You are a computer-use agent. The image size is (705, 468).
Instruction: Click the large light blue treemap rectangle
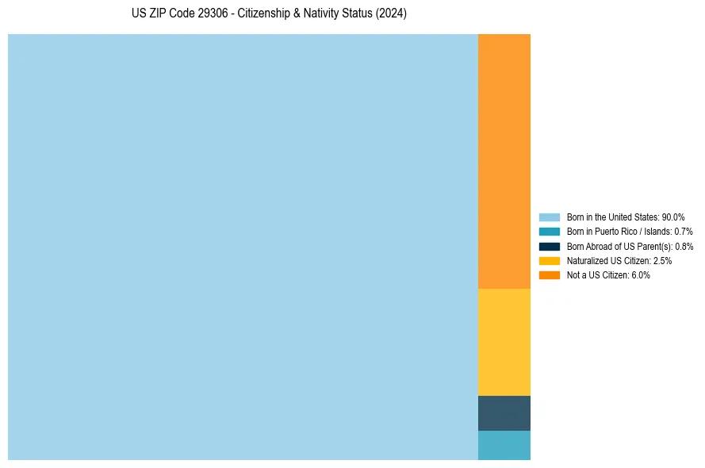pyautogui.click(x=243, y=247)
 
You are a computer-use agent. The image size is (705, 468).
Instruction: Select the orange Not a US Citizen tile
pyautogui.click(x=504, y=161)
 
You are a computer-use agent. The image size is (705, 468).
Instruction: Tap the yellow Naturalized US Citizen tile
pyautogui.click(x=504, y=342)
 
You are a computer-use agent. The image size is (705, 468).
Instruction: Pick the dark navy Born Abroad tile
pyautogui.click(x=504, y=412)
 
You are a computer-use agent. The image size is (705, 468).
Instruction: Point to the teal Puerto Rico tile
pyautogui.click(x=504, y=445)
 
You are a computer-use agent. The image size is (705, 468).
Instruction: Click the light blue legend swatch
pyautogui.click(x=550, y=217)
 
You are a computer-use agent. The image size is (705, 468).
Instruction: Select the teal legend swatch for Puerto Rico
pyautogui.click(x=550, y=232)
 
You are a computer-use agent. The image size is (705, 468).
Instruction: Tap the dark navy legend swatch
pyautogui.click(x=550, y=246)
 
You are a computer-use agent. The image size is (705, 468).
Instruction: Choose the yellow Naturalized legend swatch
pyautogui.click(x=550, y=261)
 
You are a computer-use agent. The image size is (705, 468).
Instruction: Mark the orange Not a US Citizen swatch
pyautogui.click(x=550, y=275)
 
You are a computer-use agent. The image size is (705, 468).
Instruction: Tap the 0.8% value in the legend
pyautogui.click(x=684, y=246)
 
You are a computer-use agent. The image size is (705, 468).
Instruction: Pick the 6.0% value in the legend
pyautogui.click(x=640, y=275)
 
